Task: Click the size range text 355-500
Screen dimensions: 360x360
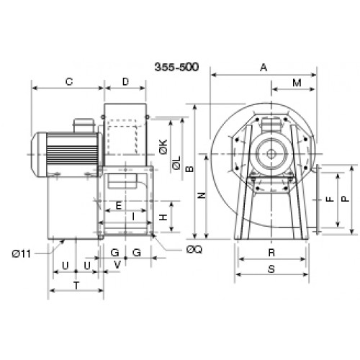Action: pos(176,67)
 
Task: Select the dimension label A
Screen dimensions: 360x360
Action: pos(264,68)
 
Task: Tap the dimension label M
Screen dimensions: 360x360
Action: pos(297,83)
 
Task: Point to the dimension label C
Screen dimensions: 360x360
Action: pos(69,82)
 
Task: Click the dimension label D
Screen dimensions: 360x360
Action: pos(125,82)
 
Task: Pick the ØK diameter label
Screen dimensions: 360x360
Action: pos(163,147)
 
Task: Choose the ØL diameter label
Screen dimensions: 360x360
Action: pos(176,163)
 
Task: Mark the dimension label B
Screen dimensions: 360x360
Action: pos(190,169)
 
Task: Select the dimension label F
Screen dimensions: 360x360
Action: pos(330,199)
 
